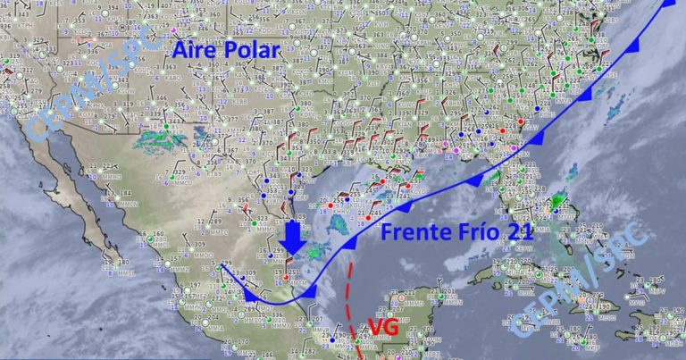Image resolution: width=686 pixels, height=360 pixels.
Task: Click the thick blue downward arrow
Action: point(292,239)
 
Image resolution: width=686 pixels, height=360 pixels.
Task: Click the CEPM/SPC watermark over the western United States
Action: point(71,89)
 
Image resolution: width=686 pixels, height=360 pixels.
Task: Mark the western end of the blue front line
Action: point(222,265)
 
